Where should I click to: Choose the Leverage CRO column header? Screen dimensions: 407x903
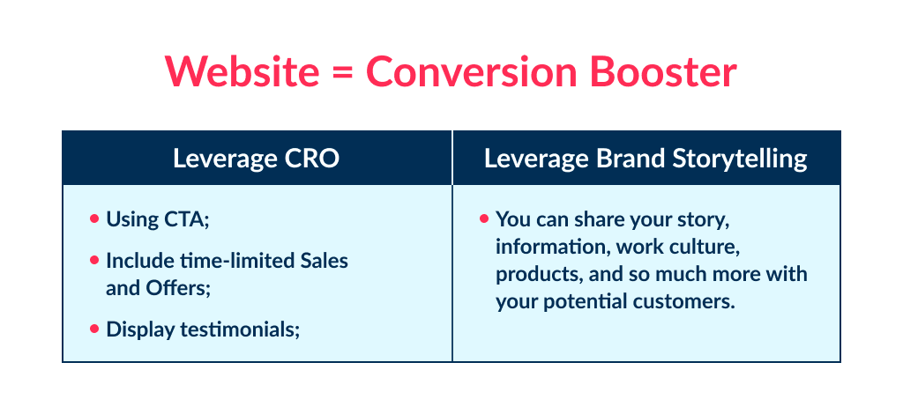pos(256,159)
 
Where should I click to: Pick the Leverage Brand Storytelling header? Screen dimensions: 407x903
pos(646,159)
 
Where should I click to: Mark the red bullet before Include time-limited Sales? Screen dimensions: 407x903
pos(94,261)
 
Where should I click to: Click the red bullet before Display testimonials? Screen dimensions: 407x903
pos(94,329)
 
